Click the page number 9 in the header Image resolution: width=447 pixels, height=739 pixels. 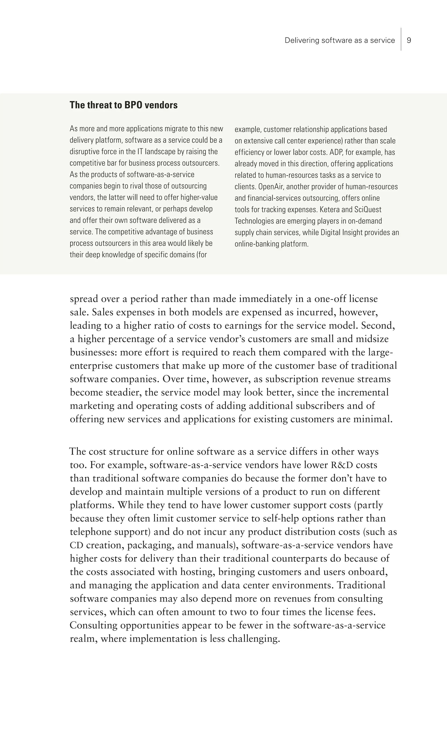click(409, 40)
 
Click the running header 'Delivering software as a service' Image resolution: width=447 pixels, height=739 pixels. click(340, 40)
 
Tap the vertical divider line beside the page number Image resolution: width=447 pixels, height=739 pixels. click(401, 39)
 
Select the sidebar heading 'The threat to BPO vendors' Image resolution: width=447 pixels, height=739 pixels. click(123, 105)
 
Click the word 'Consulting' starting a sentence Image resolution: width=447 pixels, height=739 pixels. click(93, 625)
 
